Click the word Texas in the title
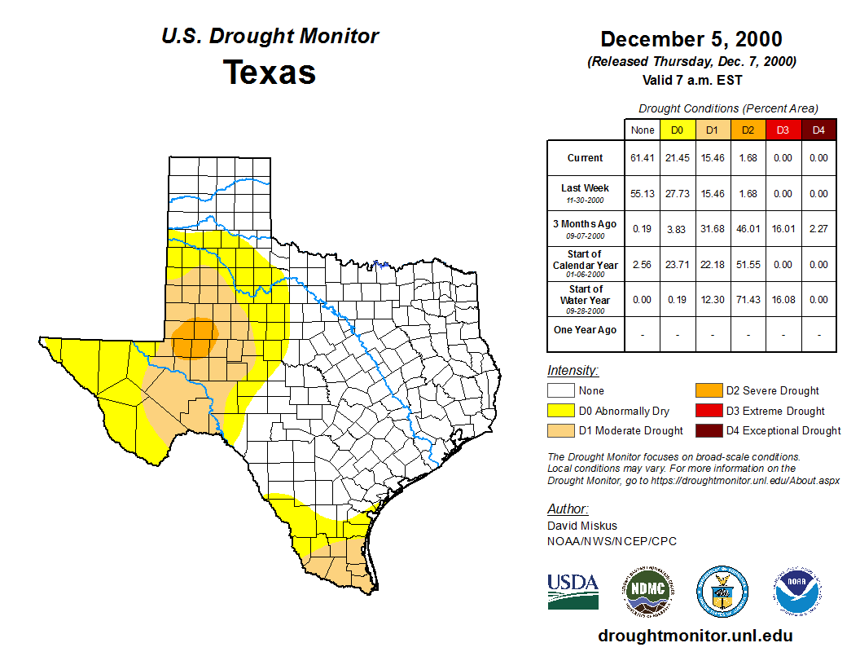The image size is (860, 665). click(270, 73)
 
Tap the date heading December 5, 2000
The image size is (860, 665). click(691, 39)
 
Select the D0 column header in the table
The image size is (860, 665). click(677, 130)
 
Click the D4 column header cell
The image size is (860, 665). click(818, 130)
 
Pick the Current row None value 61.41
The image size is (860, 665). click(642, 158)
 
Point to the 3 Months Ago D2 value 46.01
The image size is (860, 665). click(748, 229)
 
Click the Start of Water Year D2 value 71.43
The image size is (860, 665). click(748, 300)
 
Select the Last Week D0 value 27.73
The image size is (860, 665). click(677, 194)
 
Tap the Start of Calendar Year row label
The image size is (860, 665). click(586, 265)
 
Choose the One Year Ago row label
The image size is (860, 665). click(586, 330)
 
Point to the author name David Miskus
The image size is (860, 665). click(583, 526)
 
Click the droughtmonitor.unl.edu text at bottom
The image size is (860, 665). click(695, 636)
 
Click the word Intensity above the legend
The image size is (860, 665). click(573, 371)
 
